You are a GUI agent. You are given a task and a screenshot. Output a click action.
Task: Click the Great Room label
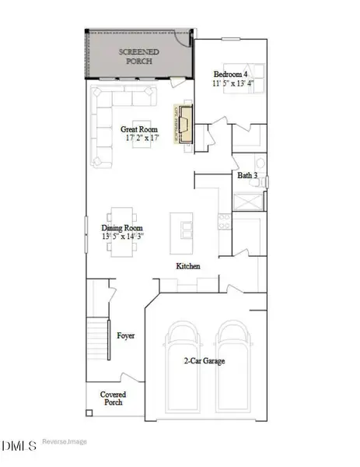(x=139, y=128)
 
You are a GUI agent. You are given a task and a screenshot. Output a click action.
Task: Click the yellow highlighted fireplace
(x=184, y=124)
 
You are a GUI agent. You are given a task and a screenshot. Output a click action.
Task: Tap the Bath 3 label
(x=248, y=176)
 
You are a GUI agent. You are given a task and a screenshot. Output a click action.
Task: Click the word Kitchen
(x=188, y=266)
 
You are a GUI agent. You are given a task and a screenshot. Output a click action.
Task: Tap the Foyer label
(x=126, y=336)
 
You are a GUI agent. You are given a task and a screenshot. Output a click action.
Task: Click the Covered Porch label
(x=114, y=399)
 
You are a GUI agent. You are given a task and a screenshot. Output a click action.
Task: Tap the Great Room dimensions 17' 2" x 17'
(x=139, y=138)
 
